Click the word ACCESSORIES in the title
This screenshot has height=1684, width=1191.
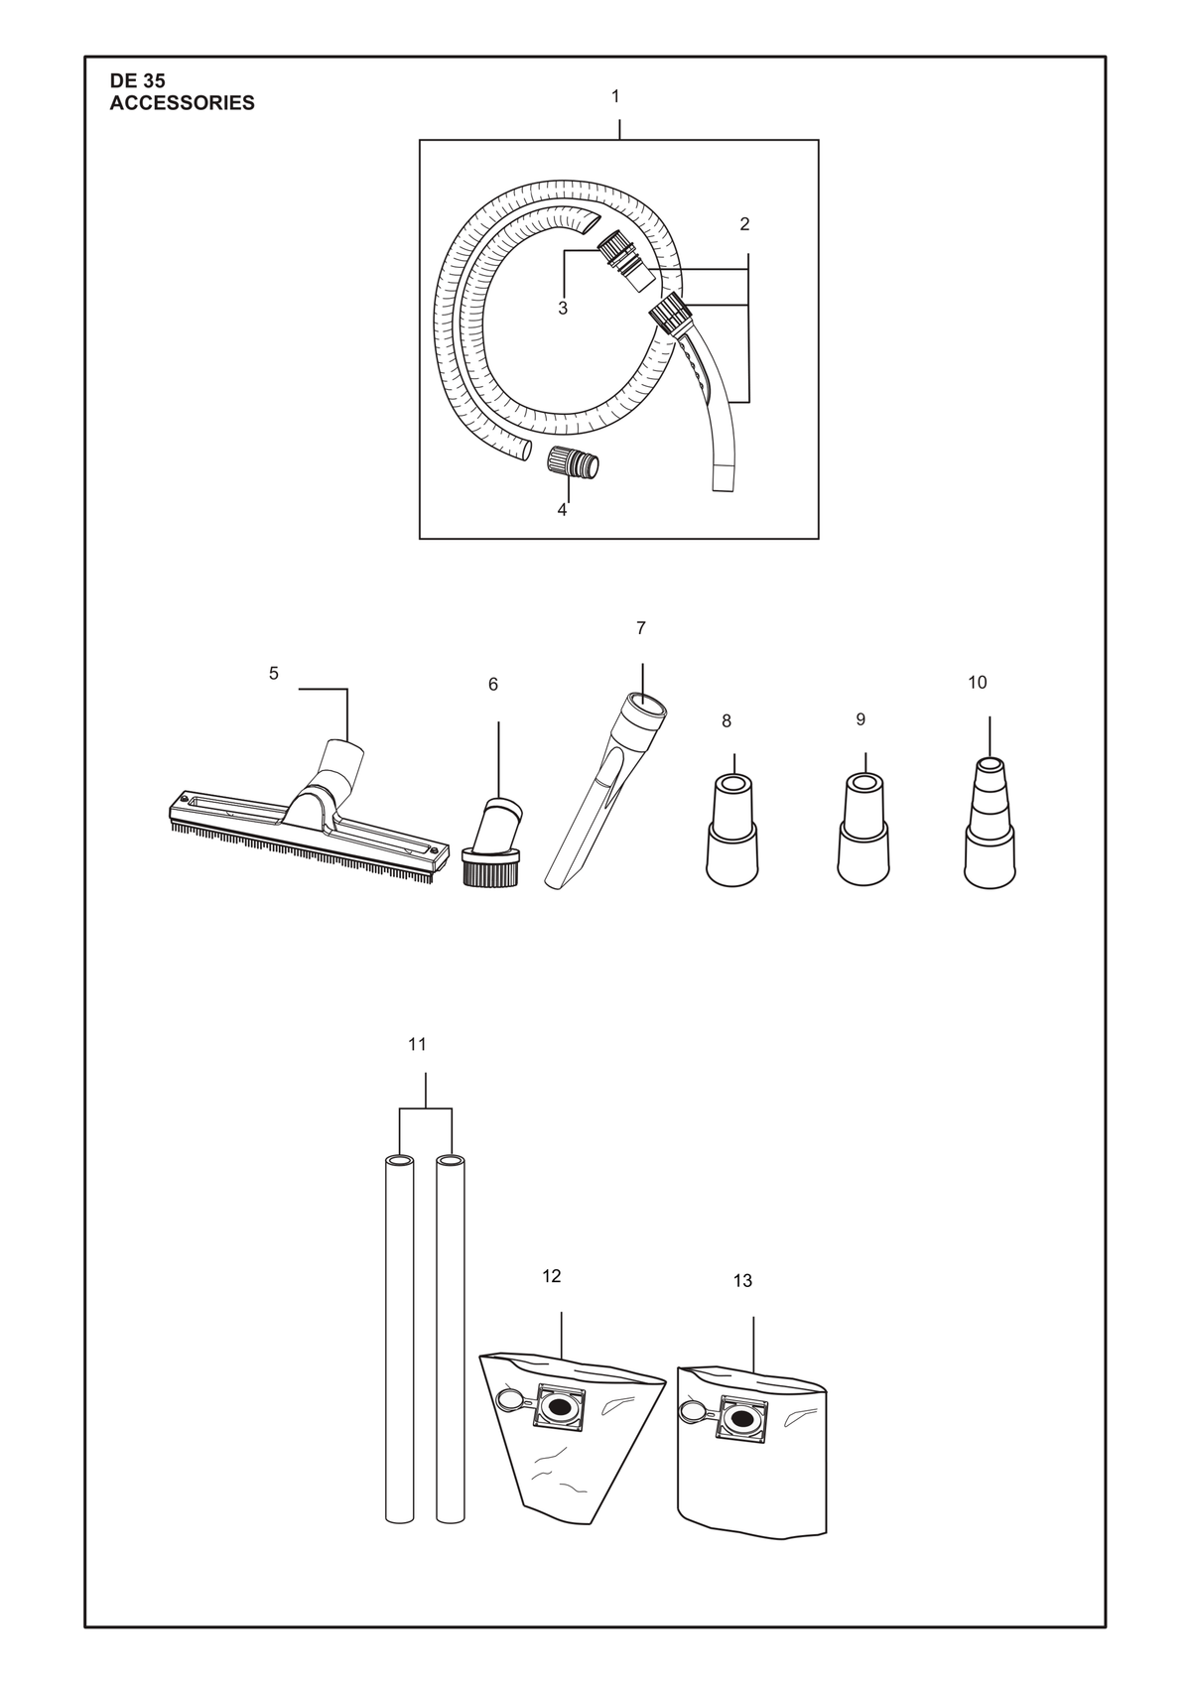coord(182,103)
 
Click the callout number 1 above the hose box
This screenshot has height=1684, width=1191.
coord(615,96)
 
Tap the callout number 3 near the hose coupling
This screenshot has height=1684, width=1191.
coord(563,309)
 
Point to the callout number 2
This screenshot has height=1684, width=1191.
coord(744,224)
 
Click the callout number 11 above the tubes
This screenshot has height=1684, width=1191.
coord(417,1044)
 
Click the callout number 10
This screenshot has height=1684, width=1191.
coord(978,683)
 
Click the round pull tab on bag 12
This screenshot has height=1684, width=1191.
coord(508,1400)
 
